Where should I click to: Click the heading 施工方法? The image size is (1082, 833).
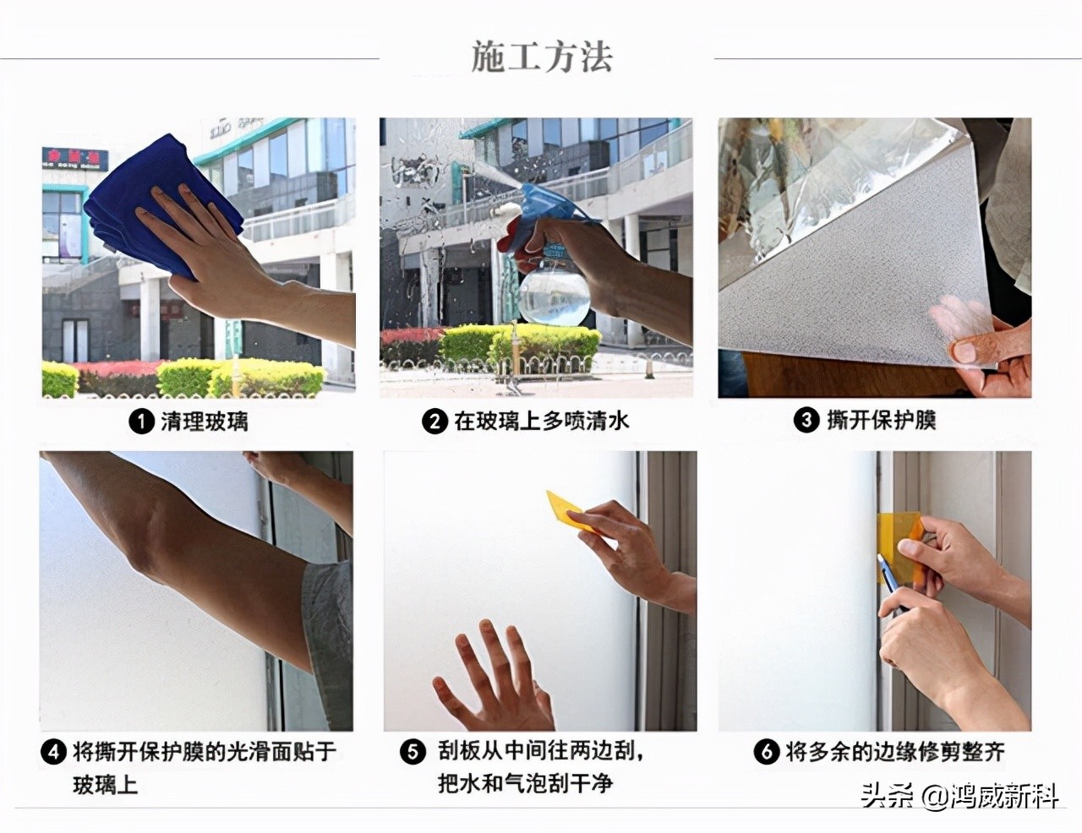[541, 57]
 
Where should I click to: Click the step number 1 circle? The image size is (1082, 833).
[140, 421]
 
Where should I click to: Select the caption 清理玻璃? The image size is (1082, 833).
[204, 421]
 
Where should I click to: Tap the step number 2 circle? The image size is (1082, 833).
[434, 421]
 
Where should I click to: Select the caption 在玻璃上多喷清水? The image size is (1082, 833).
[541, 421]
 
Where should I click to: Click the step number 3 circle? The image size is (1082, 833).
[806, 420]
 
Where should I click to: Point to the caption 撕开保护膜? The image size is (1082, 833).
[881, 420]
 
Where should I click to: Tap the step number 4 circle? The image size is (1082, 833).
[53, 751]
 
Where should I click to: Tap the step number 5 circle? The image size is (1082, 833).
[413, 751]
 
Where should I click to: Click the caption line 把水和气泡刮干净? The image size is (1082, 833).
[524, 783]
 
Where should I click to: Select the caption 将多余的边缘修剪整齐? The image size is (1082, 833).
[894, 751]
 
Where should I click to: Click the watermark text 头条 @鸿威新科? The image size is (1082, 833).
[959, 795]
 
